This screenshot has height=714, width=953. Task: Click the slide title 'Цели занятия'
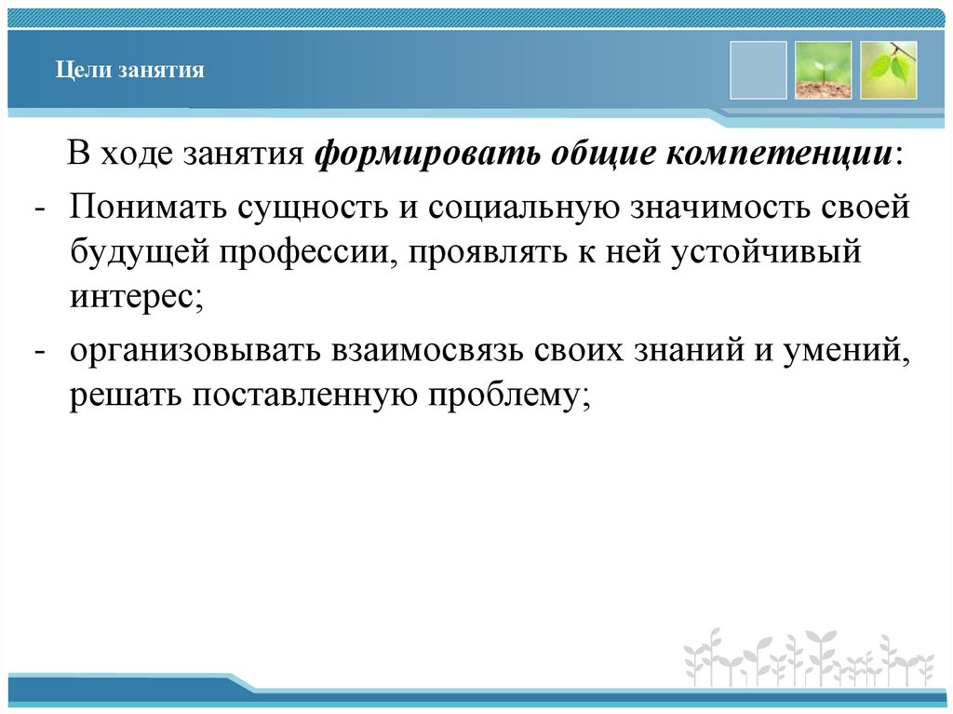[128, 71]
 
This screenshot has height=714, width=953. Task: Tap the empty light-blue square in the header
[758, 70]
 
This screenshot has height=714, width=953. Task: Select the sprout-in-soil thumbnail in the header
[823, 70]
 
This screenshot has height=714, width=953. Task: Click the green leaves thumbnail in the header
[888, 70]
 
